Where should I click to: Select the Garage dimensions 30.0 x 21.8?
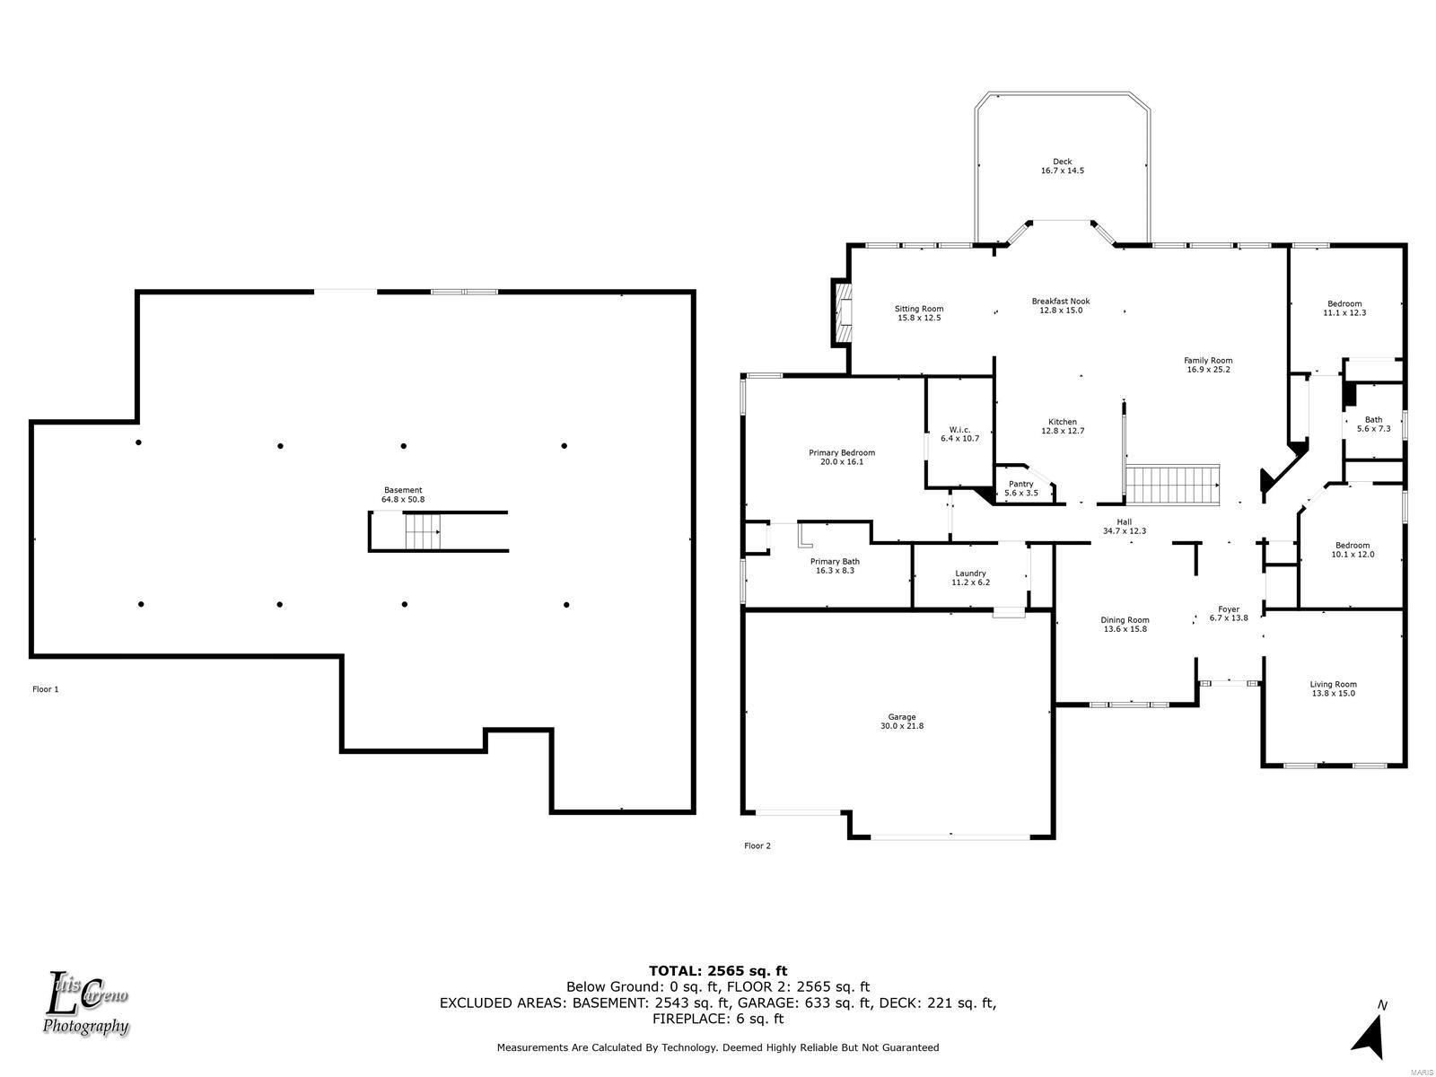(x=901, y=726)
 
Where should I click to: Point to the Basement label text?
(x=403, y=490)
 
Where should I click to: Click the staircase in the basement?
(x=423, y=531)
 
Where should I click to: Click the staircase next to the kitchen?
(x=1172, y=485)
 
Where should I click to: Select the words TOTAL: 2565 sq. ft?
(x=718, y=970)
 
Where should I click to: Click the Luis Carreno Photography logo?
(x=85, y=1003)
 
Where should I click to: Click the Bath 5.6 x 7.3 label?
(x=1373, y=425)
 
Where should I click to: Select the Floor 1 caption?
(x=46, y=689)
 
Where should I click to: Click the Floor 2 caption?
(x=757, y=845)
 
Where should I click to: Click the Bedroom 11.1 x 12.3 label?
(x=1344, y=308)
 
